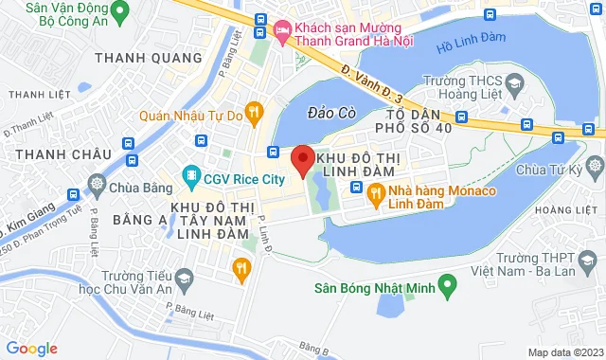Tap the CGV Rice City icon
pyautogui.click(x=192, y=176)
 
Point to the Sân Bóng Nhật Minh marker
pyautogui.click(x=452, y=283)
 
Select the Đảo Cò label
pyautogui.click(x=331, y=113)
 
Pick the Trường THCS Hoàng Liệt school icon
pyautogui.click(x=514, y=84)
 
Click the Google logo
pyautogui.click(x=31, y=349)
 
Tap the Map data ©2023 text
pyautogui.click(x=564, y=352)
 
